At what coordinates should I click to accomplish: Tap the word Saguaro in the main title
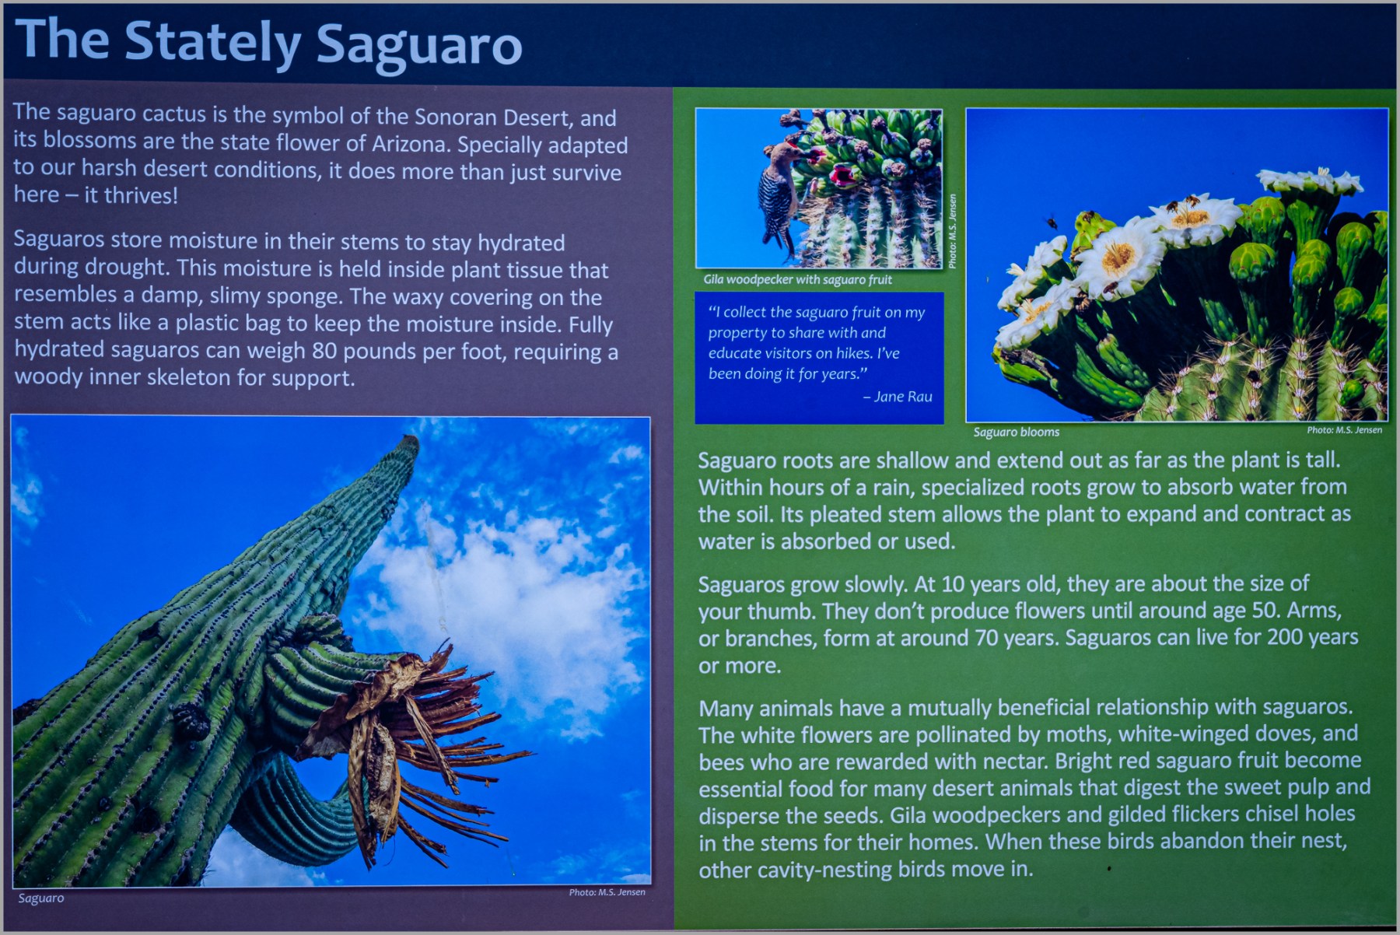tap(419, 44)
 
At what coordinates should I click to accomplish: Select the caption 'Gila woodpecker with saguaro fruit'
tap(797, 279)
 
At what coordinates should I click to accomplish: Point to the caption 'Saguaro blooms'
tap(1016, 432)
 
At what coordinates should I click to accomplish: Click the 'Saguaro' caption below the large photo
tap(41, 898)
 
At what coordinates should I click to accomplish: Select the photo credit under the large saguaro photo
tap(607, 892)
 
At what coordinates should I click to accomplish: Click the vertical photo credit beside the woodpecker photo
tap(952, 231)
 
